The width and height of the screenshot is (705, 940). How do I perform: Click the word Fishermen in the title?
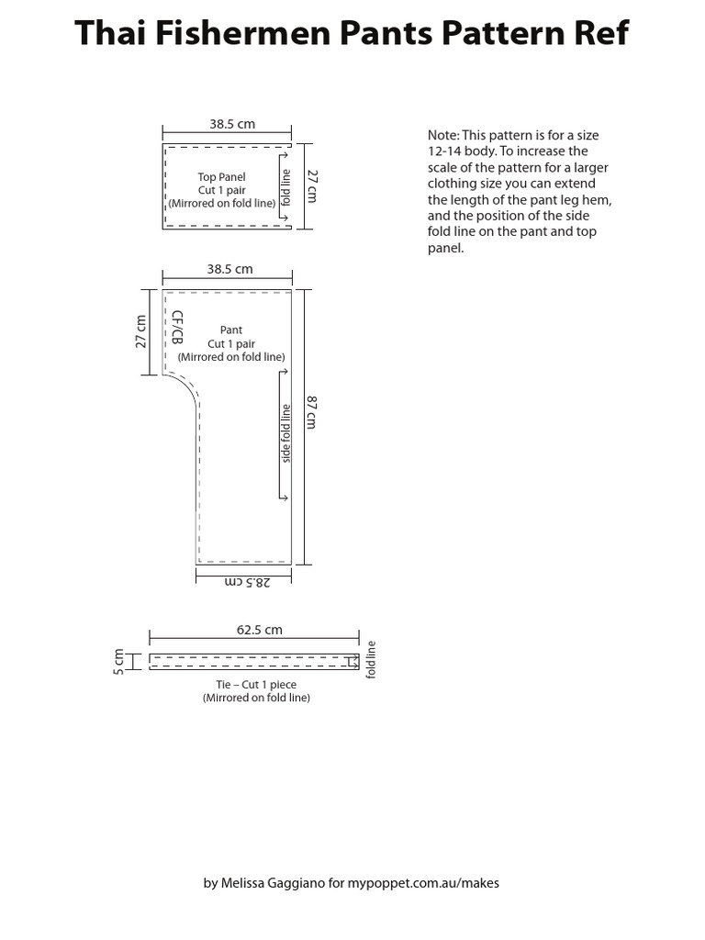point(241,33)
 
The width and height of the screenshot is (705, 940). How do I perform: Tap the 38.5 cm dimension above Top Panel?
point(231,124)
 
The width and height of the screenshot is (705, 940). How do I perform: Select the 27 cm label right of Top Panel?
point(312,185)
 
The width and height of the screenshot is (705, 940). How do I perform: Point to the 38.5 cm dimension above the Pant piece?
point(229,269)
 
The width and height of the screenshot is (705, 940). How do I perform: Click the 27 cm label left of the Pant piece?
point(140,331)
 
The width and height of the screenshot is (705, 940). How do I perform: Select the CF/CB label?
point(177,328)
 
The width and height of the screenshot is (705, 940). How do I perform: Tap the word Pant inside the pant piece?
point(231,330)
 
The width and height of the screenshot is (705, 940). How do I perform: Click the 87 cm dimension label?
point(312,412)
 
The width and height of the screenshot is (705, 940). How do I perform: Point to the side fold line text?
point(286,433)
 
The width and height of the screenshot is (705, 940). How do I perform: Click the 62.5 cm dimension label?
point(260,630)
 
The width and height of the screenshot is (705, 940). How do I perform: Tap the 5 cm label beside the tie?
point(118,660)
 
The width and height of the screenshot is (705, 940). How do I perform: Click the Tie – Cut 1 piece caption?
point(256,684)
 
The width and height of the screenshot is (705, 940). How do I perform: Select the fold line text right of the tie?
point(372,659)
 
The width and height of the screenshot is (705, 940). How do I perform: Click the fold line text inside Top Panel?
point(286,186)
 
